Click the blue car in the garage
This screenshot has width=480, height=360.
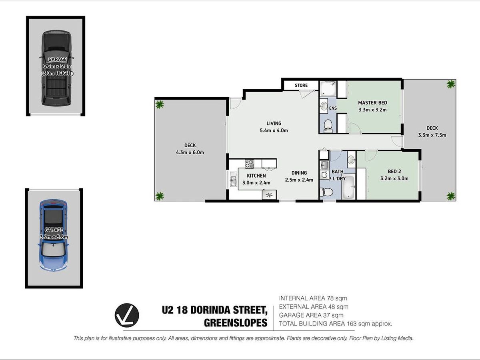tap(53, 235)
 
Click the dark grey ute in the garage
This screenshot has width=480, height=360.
tap(57, 68)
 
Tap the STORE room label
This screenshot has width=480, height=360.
tap(301, 85)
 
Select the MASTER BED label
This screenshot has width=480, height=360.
tap(372, 102)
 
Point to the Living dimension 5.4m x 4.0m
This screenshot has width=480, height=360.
tap(274, 130)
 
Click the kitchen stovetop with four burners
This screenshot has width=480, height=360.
tap(249, 164)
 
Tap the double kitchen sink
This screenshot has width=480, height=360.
tap(234, 179)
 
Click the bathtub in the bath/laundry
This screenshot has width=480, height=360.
tap(348, 187)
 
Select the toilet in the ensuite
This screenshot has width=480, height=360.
tap(328, 126)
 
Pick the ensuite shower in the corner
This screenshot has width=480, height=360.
tap(328, 88)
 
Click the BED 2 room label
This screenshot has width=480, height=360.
tap(394, 172)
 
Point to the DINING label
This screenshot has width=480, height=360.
tap(299, 173)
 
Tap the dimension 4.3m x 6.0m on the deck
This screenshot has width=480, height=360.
tap(190, 152)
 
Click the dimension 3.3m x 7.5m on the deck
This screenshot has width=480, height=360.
tap(432, 135)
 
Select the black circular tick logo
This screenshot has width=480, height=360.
tap(127, 315)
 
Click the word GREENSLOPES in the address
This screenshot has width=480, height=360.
tap(236, 323)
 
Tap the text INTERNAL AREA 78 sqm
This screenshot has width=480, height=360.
tap(313, 298)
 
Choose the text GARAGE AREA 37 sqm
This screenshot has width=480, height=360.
tap(311, 315)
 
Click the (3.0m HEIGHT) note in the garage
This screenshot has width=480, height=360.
tap(57, 74)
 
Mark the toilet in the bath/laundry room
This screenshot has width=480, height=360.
tap(326, 192)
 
